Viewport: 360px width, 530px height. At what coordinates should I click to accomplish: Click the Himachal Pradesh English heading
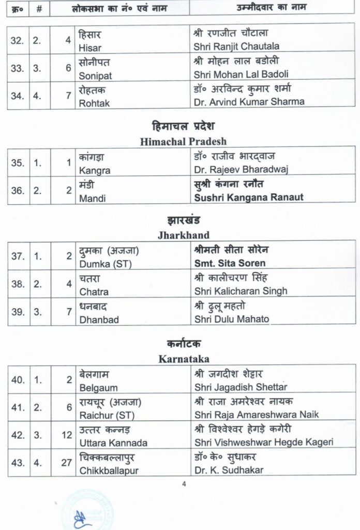point(183,141)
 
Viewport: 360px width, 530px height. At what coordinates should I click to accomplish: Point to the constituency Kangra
point(94,170)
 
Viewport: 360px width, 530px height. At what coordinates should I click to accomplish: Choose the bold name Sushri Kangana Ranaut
point(248,197)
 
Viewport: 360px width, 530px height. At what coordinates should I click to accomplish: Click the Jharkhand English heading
point(183,234)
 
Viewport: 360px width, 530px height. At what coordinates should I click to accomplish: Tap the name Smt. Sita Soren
point(226,263)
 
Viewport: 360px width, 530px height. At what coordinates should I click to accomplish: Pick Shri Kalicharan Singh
point(241,290)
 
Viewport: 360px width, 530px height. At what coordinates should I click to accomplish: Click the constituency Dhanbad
point(99,319)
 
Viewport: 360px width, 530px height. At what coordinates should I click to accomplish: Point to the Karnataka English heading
point(183,358)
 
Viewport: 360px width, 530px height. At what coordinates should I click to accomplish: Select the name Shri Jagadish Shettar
point(241,387)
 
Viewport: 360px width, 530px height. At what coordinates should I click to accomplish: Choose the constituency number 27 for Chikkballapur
point(66,463)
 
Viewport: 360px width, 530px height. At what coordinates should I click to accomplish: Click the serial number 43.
point(18,463)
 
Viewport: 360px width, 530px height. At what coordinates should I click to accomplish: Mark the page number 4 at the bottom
point(184,485)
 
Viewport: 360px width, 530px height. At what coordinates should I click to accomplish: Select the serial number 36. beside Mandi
point(18,190)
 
